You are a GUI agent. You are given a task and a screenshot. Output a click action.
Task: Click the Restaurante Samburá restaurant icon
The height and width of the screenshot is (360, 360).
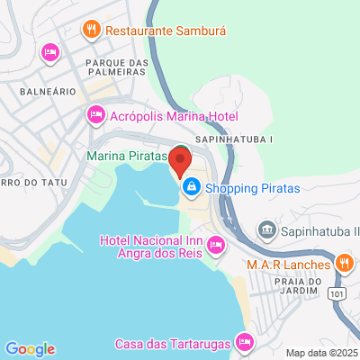(x=91, y=30)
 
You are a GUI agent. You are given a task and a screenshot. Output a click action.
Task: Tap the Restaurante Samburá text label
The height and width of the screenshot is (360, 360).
(x=166, y=30)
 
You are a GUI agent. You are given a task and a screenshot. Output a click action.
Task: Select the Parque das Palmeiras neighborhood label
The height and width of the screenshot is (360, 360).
(x=116, y=67)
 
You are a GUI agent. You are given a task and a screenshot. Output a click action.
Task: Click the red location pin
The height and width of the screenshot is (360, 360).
(x=180, y=162)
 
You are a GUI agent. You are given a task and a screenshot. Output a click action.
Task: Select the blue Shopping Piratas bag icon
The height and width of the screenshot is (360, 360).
(x=191, y=188)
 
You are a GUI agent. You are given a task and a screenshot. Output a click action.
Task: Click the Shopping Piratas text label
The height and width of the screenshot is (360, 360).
(x=252, y=188)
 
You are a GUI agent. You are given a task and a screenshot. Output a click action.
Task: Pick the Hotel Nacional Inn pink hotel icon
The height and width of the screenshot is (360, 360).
(x=216, y=244)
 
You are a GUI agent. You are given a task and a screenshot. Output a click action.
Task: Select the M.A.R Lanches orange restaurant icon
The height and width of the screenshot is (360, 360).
(x=343, y=265)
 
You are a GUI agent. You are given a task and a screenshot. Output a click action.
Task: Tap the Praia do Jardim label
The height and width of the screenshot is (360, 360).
(x=296, y=285)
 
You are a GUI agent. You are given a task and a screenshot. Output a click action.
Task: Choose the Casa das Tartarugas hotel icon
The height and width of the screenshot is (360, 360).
(x=244, y=343)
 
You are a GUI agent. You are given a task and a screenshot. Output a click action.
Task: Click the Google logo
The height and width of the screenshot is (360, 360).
(x=30, y=349)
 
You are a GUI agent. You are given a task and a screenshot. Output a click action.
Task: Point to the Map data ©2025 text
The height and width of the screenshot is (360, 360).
(x=322, y=353)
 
